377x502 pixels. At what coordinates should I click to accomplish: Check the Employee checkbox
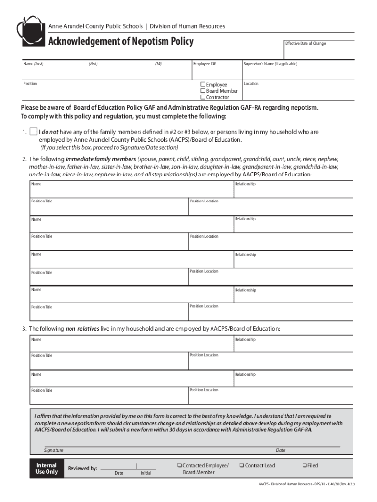(203, 85)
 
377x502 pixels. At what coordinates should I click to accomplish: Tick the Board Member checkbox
(203, 91)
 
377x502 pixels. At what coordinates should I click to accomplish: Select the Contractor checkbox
(203, 97)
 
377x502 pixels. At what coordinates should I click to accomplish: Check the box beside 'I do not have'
(33, 132)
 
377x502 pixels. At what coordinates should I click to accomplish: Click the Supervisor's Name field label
(270, 64)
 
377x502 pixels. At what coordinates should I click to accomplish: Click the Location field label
(251, 84)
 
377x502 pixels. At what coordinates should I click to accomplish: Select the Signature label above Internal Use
(53, 450)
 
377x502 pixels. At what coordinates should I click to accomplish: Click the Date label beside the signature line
(281, 450)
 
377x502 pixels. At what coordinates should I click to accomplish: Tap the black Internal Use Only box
(47, 469)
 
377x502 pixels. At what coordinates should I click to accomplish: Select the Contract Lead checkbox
(241, 465)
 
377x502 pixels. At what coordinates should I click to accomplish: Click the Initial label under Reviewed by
(146, 473)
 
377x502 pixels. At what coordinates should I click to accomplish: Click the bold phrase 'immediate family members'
(101, 160)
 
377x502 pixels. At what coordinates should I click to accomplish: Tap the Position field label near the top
(30, 84)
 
